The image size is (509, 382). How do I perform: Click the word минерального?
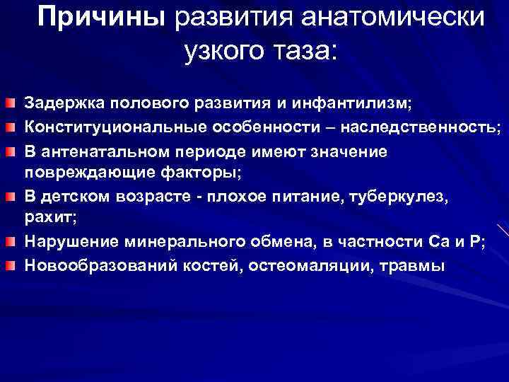point(177,242)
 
